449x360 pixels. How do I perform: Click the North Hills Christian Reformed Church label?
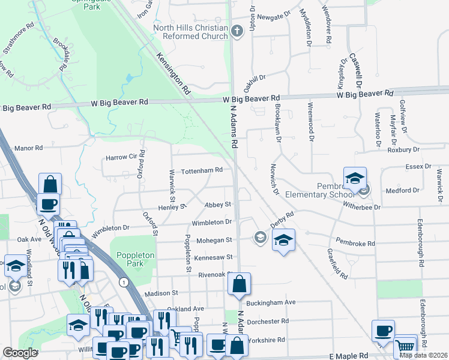[x=190, y=32]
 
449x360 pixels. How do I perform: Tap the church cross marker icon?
[x=237, y=31]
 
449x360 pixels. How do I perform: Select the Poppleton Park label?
[x=136, y=259]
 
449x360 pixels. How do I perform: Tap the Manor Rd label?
[x=29, y=148]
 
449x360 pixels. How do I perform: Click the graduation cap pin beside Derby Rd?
[x=283, y=241]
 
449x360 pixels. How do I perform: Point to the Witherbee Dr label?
[x=361, y=208]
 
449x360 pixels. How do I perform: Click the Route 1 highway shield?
[x=123, y=281]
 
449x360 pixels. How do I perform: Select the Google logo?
[x=20, y=353]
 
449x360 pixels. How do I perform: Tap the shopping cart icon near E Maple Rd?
[x=405, y=346]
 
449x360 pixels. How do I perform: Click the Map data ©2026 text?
[x=422, y=355]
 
